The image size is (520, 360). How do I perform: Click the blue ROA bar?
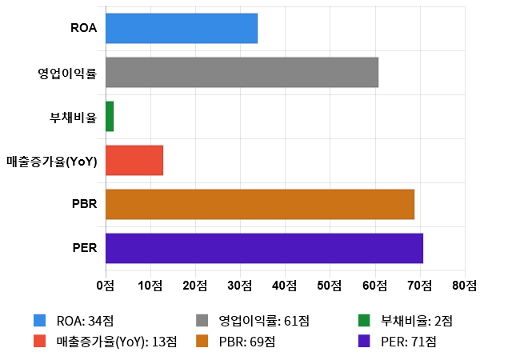point(182,28)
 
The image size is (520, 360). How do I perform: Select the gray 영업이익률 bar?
point(242,72)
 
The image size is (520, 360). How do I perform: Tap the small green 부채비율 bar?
point(110,116)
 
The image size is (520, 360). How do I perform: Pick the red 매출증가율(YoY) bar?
point(134,160)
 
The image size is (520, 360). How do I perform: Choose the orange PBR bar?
point(260,204)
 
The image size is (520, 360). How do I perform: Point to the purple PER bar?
point(264,248)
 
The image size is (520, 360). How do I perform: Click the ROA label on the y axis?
point(84,29)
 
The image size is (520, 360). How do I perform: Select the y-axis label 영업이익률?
point(67,73)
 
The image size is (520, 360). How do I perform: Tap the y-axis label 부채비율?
point(74,117)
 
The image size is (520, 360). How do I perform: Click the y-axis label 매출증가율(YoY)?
point(51,161)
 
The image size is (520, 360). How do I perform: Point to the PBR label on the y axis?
point(84,205)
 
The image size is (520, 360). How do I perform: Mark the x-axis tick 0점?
point(105,285)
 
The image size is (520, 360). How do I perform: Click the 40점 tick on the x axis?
point(285,285)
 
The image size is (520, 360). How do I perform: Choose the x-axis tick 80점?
point(464,285)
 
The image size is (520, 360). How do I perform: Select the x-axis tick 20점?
point(195,285)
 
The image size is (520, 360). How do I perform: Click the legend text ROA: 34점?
point(86,321)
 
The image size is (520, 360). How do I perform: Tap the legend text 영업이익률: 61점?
point(264,321)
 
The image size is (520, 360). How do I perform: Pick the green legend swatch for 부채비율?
point(365,321)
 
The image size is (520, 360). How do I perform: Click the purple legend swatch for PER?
point(365,341)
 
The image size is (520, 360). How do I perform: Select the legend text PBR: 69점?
point(247,341)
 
